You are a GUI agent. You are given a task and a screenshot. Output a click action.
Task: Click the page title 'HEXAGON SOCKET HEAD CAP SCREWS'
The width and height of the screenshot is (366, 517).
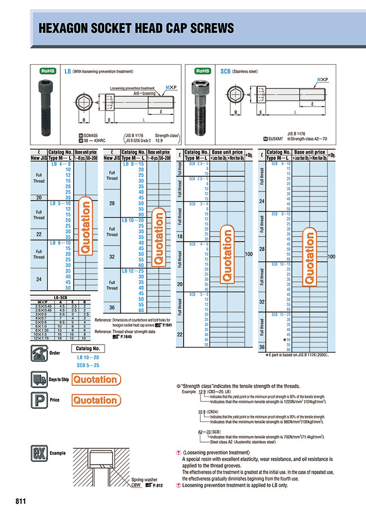pyautogui.click(x=135, y=28)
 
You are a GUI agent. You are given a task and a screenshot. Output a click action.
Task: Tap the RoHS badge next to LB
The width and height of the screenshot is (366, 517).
pyautogui.click(x=48, y=72)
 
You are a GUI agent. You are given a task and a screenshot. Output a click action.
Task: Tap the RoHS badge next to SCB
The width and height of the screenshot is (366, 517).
pyautogui.click(x=203, y=72)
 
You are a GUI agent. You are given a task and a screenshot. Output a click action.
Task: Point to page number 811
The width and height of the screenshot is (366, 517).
pyautogui.click(x=21, y=501)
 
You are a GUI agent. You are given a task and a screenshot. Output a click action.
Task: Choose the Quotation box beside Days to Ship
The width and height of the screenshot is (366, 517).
pyautogui.click(x=95, y=380)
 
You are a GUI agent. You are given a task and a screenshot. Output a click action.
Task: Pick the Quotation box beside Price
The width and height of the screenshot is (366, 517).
pyautogui.click(x=95, y=400)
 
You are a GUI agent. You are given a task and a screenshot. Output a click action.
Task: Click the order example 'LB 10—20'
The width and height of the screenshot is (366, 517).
pyautogui.click(x=88, y=358)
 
